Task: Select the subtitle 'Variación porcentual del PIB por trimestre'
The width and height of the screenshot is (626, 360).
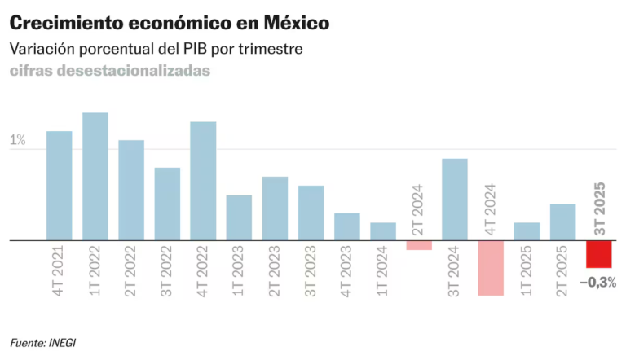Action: click(x=156, y=49)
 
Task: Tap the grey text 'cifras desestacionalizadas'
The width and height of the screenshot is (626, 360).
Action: click(x=110, y=71)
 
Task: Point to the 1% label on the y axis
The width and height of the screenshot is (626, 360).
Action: click(x=17, y=140)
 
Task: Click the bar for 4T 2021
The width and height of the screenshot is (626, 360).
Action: click(x=60, y=186)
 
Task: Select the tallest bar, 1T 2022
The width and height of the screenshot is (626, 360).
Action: click(x=95, y=177)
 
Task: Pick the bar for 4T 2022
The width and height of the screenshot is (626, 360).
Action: click(x=203, y=181)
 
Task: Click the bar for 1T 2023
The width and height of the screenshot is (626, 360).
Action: click(x=239, y=217)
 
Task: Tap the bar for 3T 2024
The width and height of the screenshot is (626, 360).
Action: click(x=454, y=200)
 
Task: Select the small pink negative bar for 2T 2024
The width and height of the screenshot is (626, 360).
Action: click(x=418, y=245)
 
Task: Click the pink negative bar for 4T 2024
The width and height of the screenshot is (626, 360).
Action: click(x=490, y=267)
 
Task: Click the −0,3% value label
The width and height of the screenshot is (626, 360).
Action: click(x=597, y=283)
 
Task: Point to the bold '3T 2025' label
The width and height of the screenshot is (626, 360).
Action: click(x=599, y=209)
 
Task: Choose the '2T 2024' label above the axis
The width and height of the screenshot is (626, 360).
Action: click(x=419, y=209)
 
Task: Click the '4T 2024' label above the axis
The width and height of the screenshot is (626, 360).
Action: click(x=491, y=209)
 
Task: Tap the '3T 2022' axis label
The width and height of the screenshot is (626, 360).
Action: click(x=167, y=271)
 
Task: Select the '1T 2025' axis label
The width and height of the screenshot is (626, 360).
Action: click(x=527, y=271)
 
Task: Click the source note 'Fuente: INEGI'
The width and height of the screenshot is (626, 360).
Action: click(x=48, y=342)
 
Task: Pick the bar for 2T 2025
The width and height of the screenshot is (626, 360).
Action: click(x=562, y=222)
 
